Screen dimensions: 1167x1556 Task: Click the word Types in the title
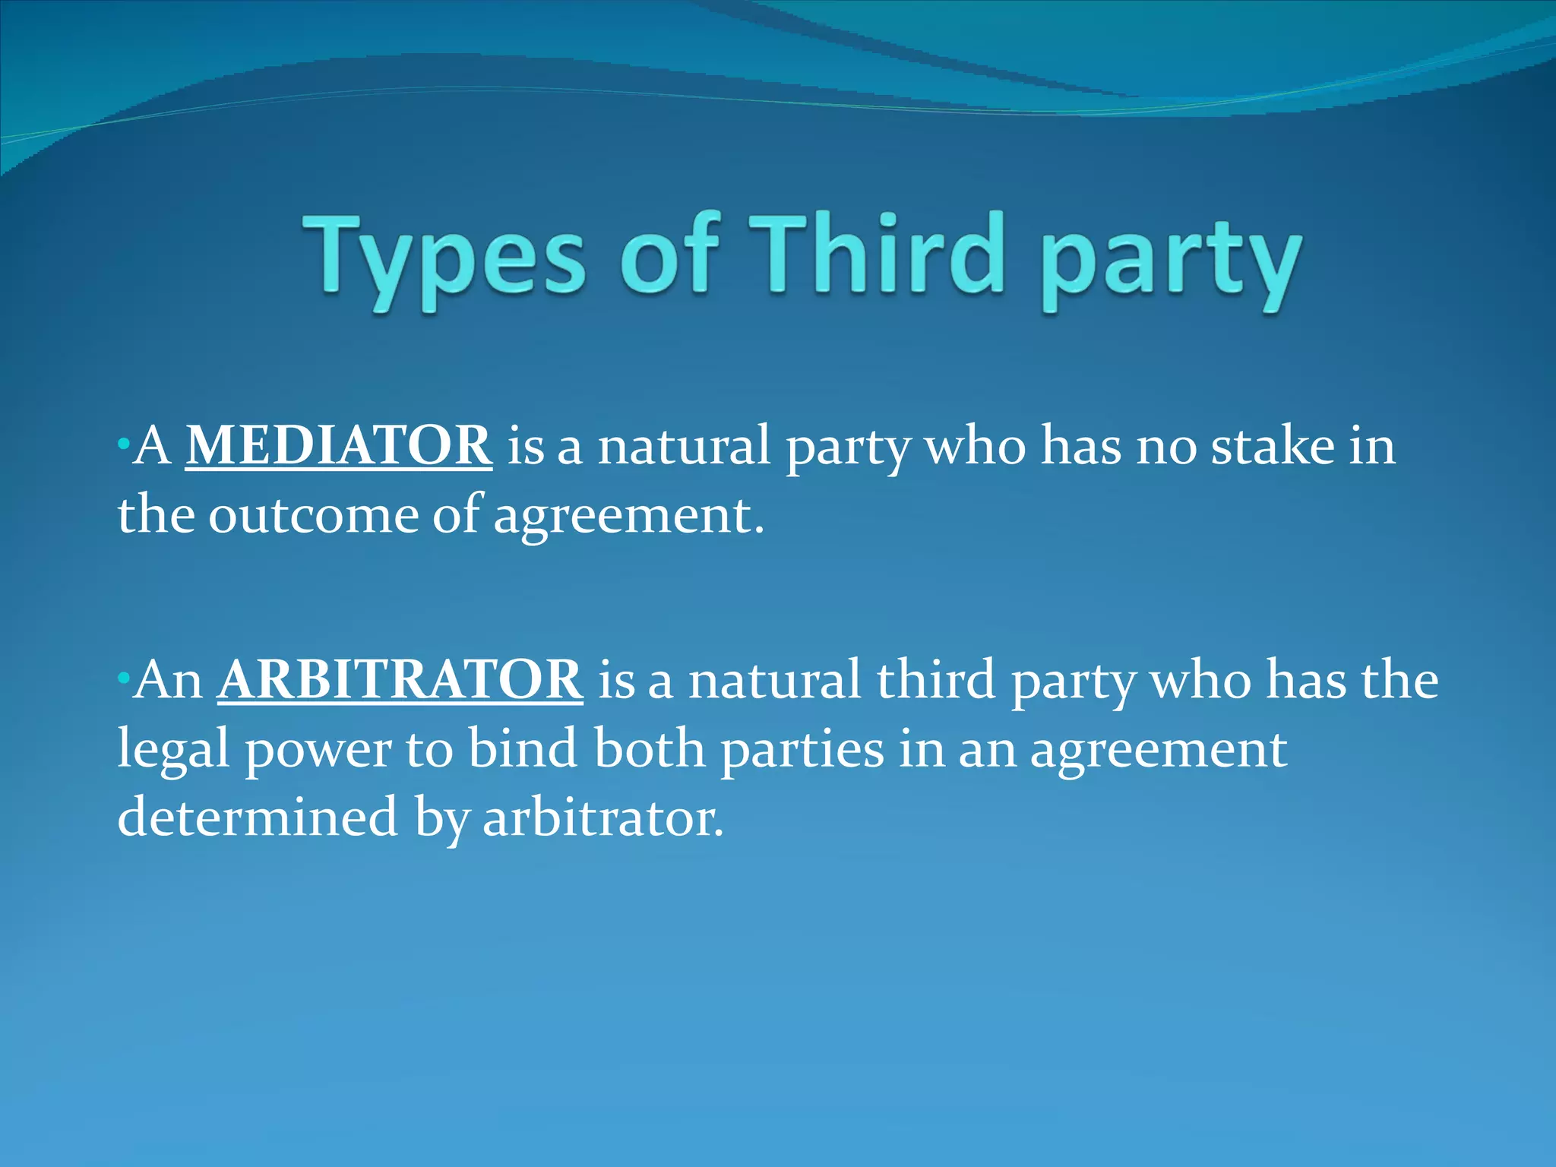(445, 258)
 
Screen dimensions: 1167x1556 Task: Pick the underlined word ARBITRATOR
(400, 679)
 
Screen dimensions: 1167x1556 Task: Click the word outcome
(313, 515)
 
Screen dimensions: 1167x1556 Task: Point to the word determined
(258, 818)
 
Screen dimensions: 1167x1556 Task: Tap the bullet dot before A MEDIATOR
(123, 443)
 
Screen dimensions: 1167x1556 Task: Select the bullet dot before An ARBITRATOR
(123, 677)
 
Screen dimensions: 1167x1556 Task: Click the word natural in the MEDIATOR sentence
(684, 447)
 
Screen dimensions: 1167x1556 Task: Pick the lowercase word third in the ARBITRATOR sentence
(935, 679)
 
